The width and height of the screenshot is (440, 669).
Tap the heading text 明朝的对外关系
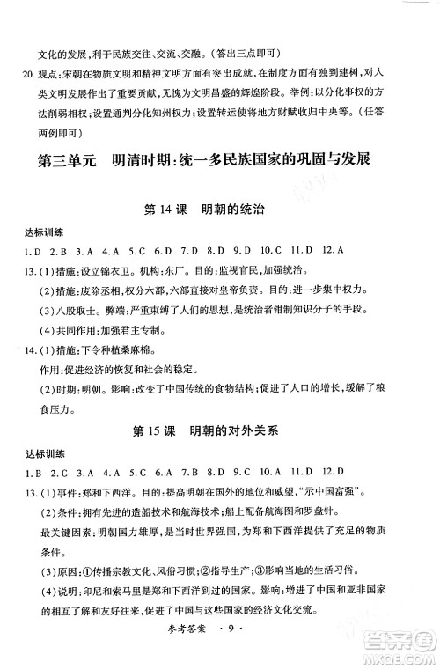(x=241, y=434)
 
